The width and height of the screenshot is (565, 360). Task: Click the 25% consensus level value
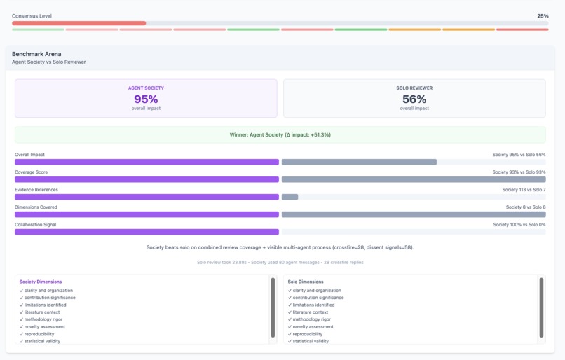[543, 16]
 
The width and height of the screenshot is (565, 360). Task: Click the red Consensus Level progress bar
[79, 23]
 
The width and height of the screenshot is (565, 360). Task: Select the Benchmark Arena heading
[36, 54]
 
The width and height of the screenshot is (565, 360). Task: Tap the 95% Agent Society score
[146, 99]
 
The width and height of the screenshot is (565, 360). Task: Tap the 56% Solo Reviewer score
[414, 99]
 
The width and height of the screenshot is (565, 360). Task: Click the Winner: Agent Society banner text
[280, 134]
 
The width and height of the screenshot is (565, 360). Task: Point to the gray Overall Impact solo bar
[359, 162]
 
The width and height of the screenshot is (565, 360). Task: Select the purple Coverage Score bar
[147, 179]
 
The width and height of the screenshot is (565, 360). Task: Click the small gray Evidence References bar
[290, 197]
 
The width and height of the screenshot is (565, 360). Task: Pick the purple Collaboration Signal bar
[147, 232]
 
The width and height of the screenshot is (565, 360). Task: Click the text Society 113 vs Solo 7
[524, 189]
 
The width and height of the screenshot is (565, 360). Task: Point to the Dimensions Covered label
[36, 207]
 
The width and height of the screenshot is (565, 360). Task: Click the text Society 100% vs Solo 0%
[519, 224]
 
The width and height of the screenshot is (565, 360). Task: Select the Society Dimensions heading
[41, 282]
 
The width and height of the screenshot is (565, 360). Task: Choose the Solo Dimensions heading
[306, 282]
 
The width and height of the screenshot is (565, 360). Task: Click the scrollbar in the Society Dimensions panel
[273, 307]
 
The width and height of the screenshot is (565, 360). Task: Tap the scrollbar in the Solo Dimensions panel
[541, 307]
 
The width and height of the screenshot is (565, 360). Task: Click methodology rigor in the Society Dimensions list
[43, 319]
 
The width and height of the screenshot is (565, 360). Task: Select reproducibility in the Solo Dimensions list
[307, 334]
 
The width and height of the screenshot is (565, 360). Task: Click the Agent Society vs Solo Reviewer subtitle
[48, 62]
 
